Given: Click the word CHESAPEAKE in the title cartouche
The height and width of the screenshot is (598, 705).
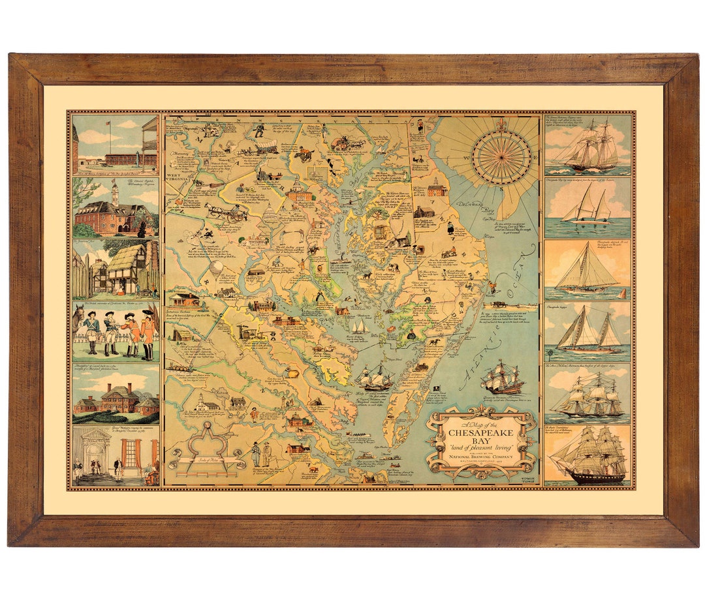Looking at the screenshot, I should pos(481,432).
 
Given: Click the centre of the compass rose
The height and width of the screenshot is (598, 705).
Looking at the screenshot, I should pos(502,157).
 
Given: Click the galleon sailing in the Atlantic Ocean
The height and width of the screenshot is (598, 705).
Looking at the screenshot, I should pos(503,377).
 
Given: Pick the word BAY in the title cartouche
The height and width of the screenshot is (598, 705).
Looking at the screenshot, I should pos(481,441).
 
